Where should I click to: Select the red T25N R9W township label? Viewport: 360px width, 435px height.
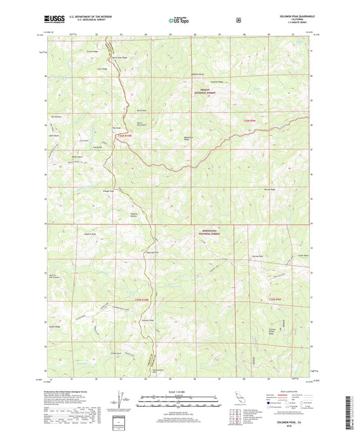pyautogui.click(x=272, y=299)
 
